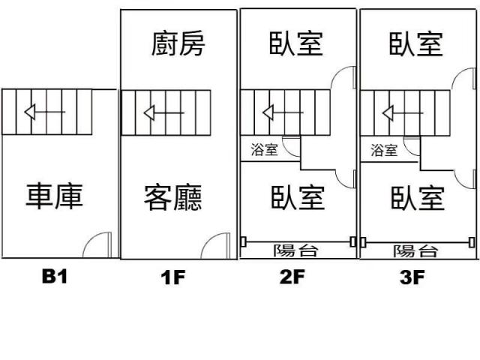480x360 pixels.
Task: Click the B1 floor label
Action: pyautogui.click(x=54, y=277)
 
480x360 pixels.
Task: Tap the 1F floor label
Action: pyautogui.click(x=172, y=278)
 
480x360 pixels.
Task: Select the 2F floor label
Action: pyautogui.click(x=292, y=278)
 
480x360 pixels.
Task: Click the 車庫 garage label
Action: pyautogui.click(x=54, y=196)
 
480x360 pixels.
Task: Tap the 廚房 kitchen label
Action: pyautogui.click(x=178, y=43)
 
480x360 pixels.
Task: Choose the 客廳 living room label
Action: pyautogui.click(x=174, y=197)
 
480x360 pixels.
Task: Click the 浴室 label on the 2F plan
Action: pyautogui.click(x=264, y=150)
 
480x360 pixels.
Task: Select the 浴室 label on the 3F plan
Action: pyautogui.click(x=384, y=150)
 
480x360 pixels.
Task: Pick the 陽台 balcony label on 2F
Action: pyautogui.click(x=297, y=250)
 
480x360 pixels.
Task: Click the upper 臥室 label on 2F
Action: pyautogui.click(x=296, y=43)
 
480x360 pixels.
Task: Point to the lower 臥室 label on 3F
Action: pyautogui.click(x=417, y=197)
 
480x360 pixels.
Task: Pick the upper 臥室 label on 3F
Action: pyautogui.click(x=416, y=43)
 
